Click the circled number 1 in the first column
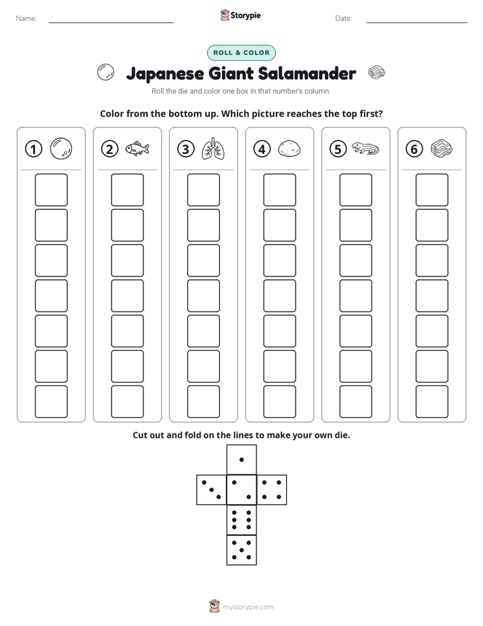click(33, 149)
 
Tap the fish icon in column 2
click(137, 149)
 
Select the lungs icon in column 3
click(213, 149)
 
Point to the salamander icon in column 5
click(365, 148)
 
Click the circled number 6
click(414, 149)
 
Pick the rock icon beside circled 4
click(289, 148)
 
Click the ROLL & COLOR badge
click(241, 53)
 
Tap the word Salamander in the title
click(307, 73)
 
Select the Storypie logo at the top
click(240, 15)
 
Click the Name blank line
click(111, 22)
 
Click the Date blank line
click(417, 22)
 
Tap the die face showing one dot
click(241, 460)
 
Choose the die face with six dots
click(241, 520)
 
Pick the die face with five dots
click(241, 550)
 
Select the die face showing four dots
click(272, 490)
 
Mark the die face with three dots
click(212, 490)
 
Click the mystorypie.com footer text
click(248, 607)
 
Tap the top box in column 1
click(51, 190)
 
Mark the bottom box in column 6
click(432, 402)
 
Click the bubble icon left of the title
click(106, 72)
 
